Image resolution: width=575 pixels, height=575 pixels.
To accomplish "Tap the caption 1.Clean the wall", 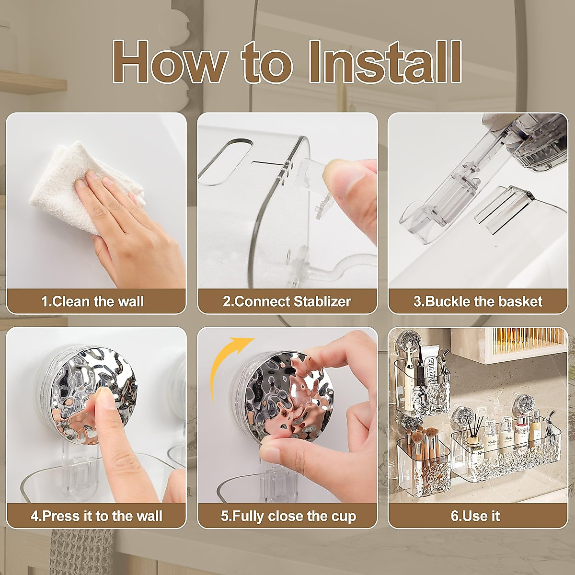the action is pos(92,301).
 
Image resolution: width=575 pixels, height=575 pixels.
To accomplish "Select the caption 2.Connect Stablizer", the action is pos(287,301).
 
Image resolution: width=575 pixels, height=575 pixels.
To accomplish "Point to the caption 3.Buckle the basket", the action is pos(478,301).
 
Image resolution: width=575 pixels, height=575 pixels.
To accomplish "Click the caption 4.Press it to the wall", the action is pos(96,516).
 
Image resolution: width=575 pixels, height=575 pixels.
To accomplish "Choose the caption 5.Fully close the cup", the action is pos(288,516).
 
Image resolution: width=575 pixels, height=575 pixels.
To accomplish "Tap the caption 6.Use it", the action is pos(475,516).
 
